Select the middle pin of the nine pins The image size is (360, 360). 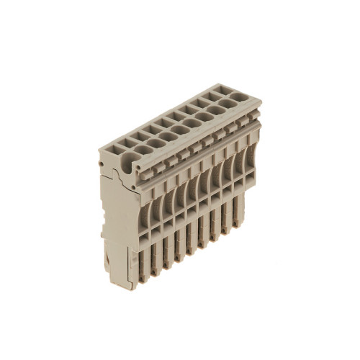[190, 241]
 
